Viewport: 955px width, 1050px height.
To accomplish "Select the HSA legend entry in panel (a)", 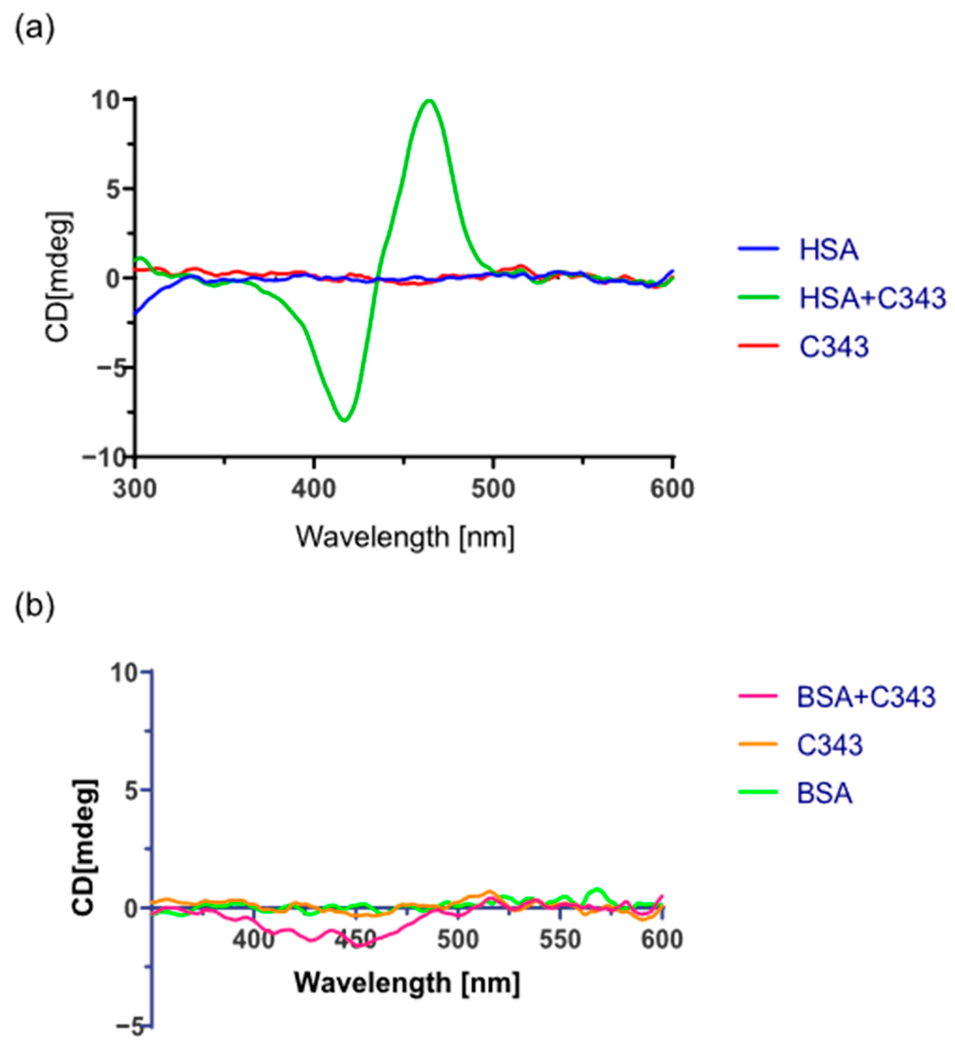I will tap(828, 250).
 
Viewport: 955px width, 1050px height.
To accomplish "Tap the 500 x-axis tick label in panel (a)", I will tap(493, 489).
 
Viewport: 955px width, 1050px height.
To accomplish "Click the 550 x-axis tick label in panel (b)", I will tap(559, 941).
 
